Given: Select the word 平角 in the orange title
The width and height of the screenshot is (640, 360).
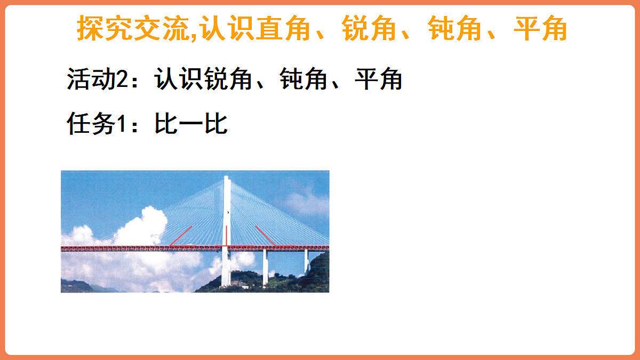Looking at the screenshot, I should click(540, 29).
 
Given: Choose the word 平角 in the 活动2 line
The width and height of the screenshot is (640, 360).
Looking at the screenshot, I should click(378, 80).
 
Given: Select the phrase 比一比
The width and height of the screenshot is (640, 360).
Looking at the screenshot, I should click(191, 124).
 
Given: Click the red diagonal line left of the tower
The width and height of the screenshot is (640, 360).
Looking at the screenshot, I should click(181, 236).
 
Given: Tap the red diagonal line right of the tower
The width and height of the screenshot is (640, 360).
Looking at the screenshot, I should click(265, 236).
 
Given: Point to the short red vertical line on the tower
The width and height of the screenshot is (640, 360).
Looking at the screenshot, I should click(226, 235).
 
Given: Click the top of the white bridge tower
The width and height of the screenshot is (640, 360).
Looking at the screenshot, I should click(227, 178).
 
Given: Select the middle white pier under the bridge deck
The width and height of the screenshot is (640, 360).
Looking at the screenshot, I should click(265, 267).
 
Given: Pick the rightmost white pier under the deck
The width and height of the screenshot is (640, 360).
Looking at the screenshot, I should click(306, 261).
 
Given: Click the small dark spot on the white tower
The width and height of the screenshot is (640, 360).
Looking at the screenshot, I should click(228, 213).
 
